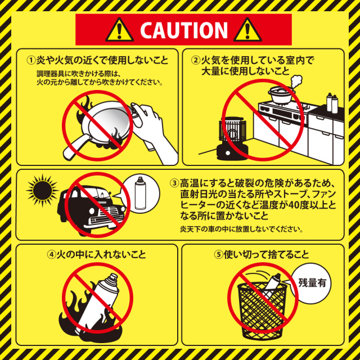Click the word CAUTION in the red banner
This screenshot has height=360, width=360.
click(184, 30)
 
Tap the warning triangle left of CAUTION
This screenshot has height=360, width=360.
click(119, 30)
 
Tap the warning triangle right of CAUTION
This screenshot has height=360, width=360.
click(247, 30)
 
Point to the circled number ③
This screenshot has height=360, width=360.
click(174, 183)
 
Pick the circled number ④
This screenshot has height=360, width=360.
click(51, 255)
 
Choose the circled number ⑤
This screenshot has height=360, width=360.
click(219, 255)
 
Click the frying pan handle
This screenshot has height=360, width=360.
click(75, 147)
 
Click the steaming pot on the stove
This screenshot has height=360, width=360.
click(281, 94)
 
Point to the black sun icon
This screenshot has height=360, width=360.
click(42, 190)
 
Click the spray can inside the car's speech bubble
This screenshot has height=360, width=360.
click(140, 193)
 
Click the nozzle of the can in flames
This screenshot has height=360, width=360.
click(114, 277)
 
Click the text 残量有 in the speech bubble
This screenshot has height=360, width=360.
click(312, 282)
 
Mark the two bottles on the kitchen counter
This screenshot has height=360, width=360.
click(332, 103)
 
